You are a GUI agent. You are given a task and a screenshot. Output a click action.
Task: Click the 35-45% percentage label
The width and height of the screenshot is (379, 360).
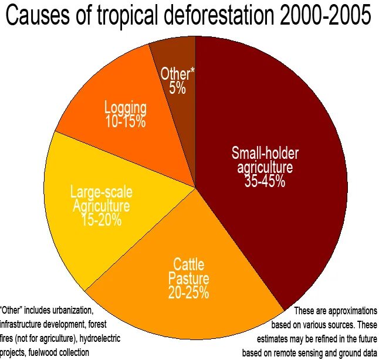(265, 181)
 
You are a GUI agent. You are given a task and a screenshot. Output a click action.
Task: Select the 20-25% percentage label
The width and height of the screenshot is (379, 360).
(189, 293)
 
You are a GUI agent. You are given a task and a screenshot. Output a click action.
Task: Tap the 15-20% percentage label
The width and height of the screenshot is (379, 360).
(101, 220)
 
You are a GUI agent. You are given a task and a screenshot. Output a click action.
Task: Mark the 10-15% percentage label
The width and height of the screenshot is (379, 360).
(126, 122)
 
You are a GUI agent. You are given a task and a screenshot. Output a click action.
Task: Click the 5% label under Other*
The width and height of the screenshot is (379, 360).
(177, 89)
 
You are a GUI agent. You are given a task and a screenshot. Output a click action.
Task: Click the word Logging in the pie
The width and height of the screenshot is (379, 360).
(126, 108)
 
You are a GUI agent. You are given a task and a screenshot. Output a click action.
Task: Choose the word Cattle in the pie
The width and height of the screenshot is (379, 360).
(189, 264)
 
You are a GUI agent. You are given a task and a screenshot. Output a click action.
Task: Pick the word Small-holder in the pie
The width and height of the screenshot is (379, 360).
(265, 154)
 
